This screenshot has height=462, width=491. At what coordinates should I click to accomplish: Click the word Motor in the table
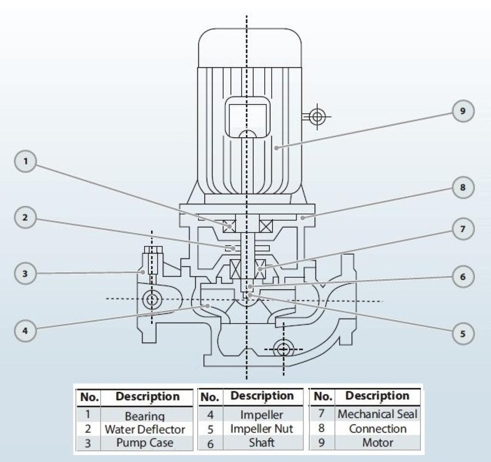377,442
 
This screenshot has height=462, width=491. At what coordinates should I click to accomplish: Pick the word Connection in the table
377,428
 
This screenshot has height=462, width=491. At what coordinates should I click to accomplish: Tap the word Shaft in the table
261,442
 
